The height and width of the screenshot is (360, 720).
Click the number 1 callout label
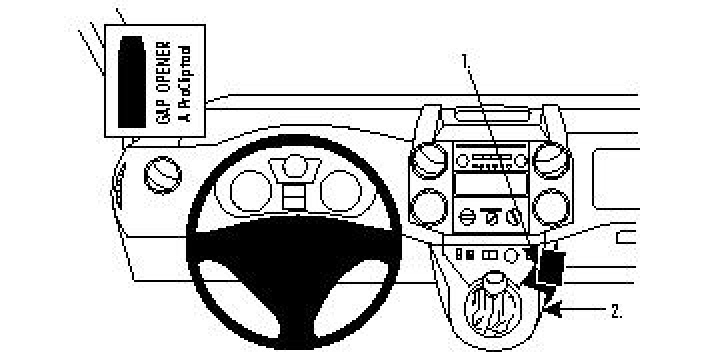coord(466,60)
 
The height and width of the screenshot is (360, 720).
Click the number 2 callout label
coord(616,311)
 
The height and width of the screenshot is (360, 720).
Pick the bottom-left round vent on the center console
coord(427,207)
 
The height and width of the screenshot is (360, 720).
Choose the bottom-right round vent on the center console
coord(552,207)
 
